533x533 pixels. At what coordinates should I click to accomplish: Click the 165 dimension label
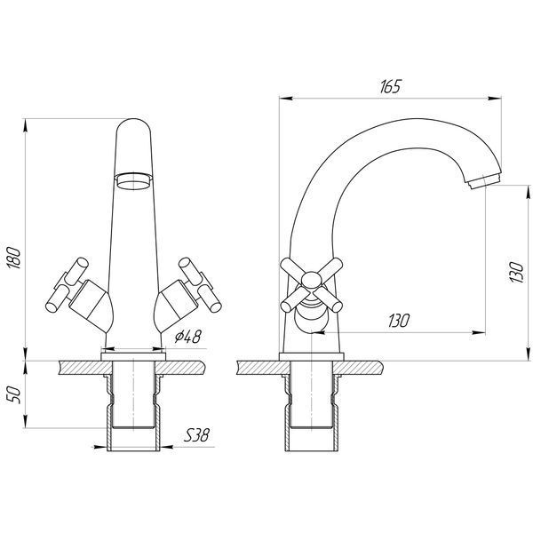click(x=390, y=87)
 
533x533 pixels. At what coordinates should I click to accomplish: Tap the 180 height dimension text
click(x=14, y=258)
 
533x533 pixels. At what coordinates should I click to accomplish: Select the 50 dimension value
click(x=14, y=395)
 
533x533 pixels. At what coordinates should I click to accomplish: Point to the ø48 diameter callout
click(x=188, y=336)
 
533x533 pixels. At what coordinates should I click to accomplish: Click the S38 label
click(x=196, y=434)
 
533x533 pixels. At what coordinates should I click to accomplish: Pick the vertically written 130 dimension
click(x=516, y=272)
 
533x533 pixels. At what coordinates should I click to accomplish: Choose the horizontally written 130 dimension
click(x=399, y=321)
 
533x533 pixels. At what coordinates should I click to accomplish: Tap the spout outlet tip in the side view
click(x=484, y=181)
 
